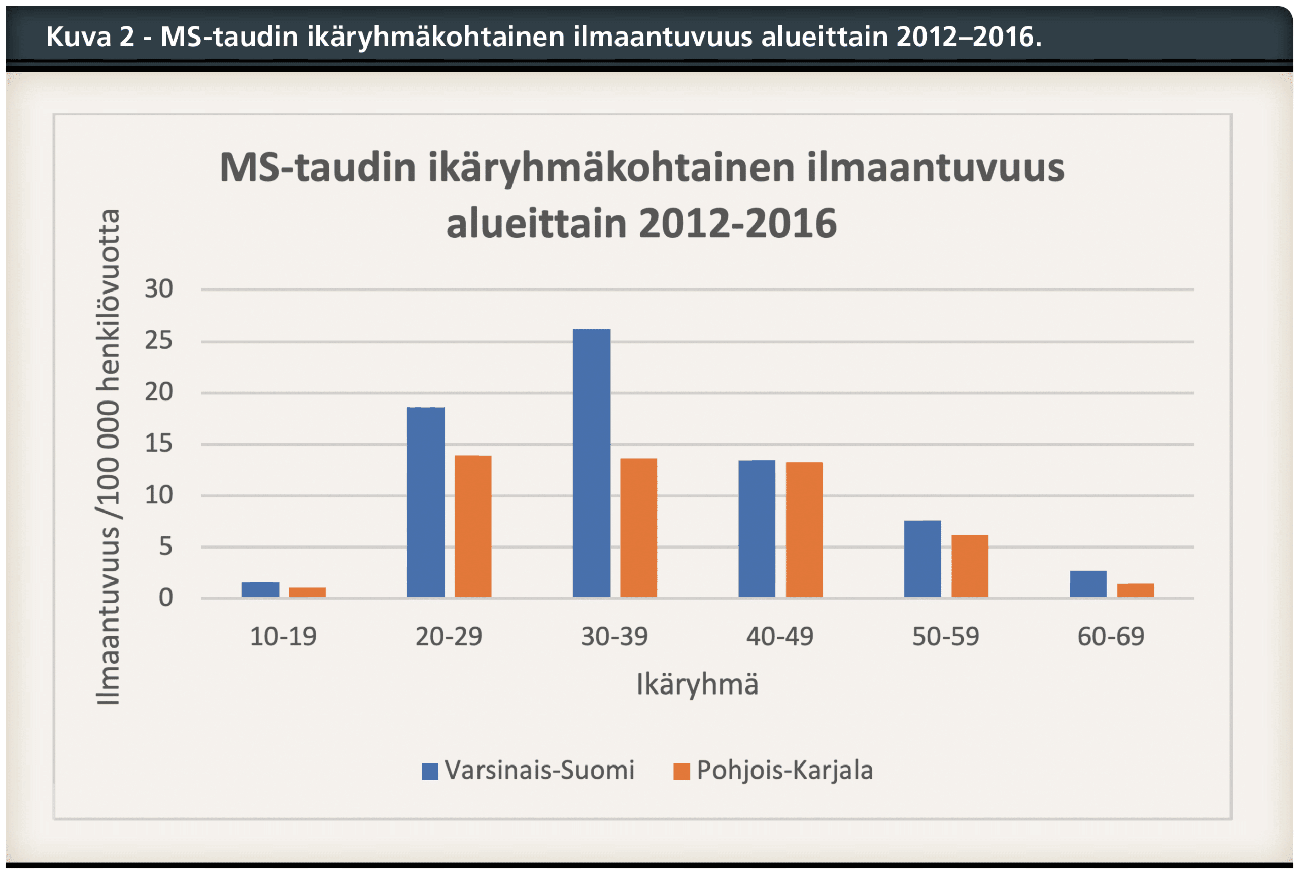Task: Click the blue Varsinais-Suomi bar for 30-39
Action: [x=591, y=463]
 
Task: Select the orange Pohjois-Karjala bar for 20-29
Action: [x=472, y=526]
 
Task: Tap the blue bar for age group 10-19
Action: [x=260, y=589]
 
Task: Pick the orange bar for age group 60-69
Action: [x=1135, y=590]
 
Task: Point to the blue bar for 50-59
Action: [x=922, y=559]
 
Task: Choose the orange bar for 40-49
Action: [x=804, y=530]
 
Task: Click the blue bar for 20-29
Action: [x=426, y=502]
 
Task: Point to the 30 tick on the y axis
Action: [x=158, y=289]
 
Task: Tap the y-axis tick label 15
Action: [x=158, y=444]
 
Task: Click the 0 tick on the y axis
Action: [x=165, y=598]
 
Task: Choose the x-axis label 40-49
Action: [x=780, y=636]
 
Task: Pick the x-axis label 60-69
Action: [x=1110, y=636]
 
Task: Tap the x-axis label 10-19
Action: [x=283, y=636]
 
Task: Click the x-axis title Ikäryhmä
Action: [x=697, y=684]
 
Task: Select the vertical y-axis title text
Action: [x=108, y=457]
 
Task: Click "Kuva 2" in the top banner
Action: [x=90, y=37]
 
